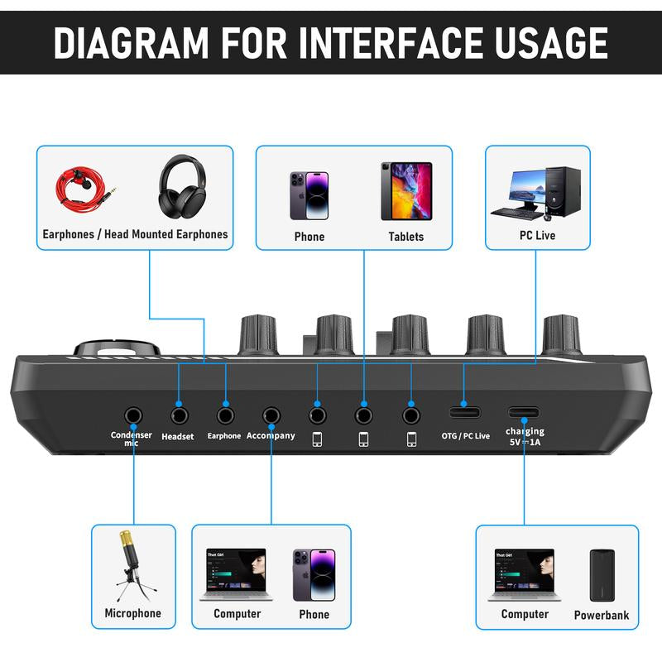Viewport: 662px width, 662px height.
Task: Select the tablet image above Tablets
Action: pos(406,190)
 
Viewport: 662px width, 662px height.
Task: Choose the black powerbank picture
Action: pos(602,575)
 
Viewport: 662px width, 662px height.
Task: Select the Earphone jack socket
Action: pos(224,413)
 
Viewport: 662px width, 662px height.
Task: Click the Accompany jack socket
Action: pos(271,413)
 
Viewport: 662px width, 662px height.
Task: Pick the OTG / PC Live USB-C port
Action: pos(464,411)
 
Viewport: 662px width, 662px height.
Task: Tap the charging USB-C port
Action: pos(525,411)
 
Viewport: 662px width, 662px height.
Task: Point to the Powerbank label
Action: pos(602,615)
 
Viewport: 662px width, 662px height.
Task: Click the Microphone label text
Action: pos(132,613)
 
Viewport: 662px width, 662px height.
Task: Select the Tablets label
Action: pos(406,237)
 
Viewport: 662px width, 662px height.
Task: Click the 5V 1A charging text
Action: pos(525,443)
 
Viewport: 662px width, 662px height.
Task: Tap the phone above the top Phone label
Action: pos(309,195)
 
